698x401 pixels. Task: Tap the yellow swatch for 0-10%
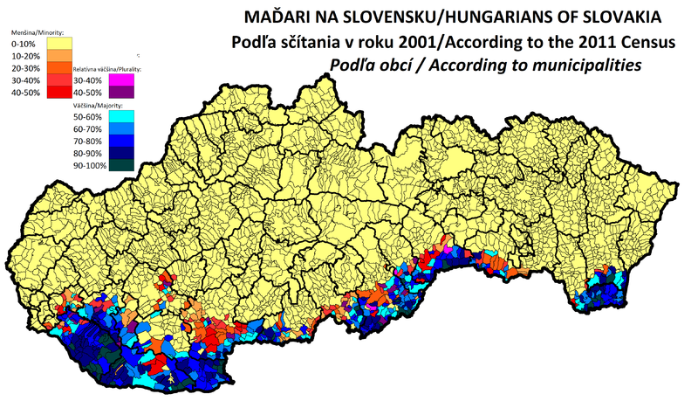coord(60,42)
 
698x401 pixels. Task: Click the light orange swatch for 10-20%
coord(60,55)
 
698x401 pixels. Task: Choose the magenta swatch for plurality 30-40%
coord(133,79)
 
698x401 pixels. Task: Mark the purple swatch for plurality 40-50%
coord(133,92)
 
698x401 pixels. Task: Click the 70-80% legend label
coord(92,141)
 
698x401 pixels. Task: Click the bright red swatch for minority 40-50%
coord(60,92)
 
